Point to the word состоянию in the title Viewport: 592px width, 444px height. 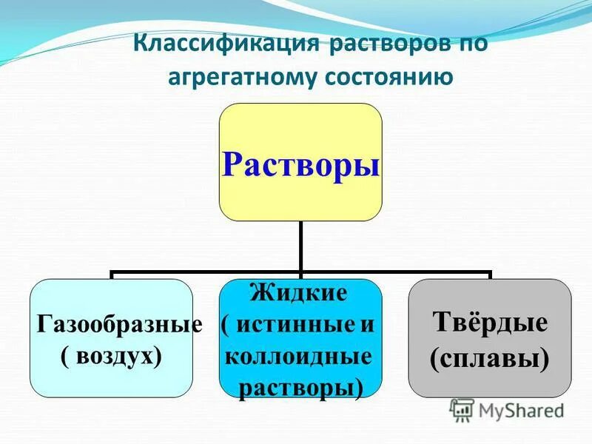(x=390, y=77)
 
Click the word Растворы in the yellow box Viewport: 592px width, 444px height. (x=300, y=164)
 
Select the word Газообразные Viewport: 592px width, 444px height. (x=119, y=325)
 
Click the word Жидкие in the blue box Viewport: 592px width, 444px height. (x=300, y=292)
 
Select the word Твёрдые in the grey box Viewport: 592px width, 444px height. (x=490, y=323)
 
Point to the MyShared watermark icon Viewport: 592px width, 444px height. (x=462, y=408)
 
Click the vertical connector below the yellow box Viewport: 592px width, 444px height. (x=300, y=246)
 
